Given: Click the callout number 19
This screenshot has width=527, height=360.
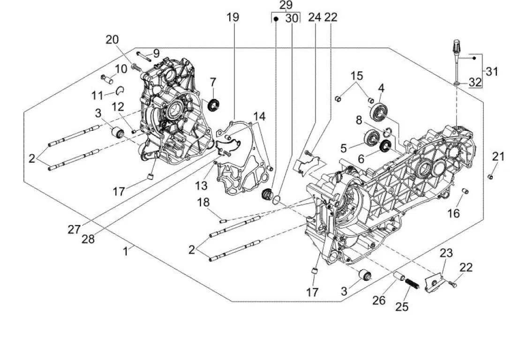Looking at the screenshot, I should click(x=233, y=17).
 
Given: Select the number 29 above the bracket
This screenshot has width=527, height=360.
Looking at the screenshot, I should click(x=286, y=5).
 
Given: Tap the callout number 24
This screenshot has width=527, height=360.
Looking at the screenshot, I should click(x=315, y=17).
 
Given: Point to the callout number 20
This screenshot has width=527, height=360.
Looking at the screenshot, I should click(x=112, y=40).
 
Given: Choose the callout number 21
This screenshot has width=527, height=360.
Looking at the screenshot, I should click(x=498, y=156).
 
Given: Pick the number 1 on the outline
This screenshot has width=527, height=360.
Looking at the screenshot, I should click(x=126, y=252).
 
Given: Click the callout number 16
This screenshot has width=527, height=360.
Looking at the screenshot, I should click(x=453, y=214).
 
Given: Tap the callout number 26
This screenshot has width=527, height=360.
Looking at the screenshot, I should click(x=379, y=300).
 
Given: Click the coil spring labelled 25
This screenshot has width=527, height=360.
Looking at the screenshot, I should click(x=411, y=284).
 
